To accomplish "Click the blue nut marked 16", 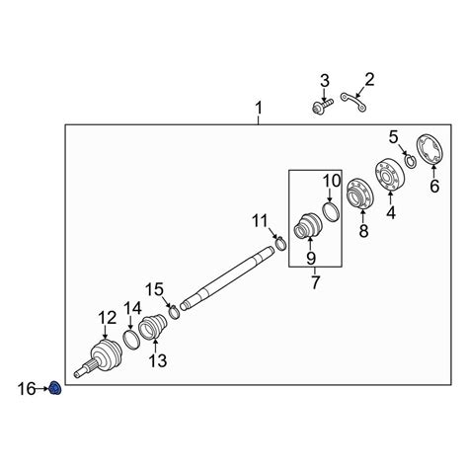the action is pos(55,389).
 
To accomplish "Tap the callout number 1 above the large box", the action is pos(259,108).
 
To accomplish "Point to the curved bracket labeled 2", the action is pos(354,102).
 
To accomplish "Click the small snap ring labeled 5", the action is pos(411,161).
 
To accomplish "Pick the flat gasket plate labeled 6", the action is pos(430,149).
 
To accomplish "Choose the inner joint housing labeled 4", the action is pos(390,174).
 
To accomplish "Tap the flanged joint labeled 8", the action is pos(359,194).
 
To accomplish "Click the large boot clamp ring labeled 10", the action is pos(331,212).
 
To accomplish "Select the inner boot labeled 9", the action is pos(308,225).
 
